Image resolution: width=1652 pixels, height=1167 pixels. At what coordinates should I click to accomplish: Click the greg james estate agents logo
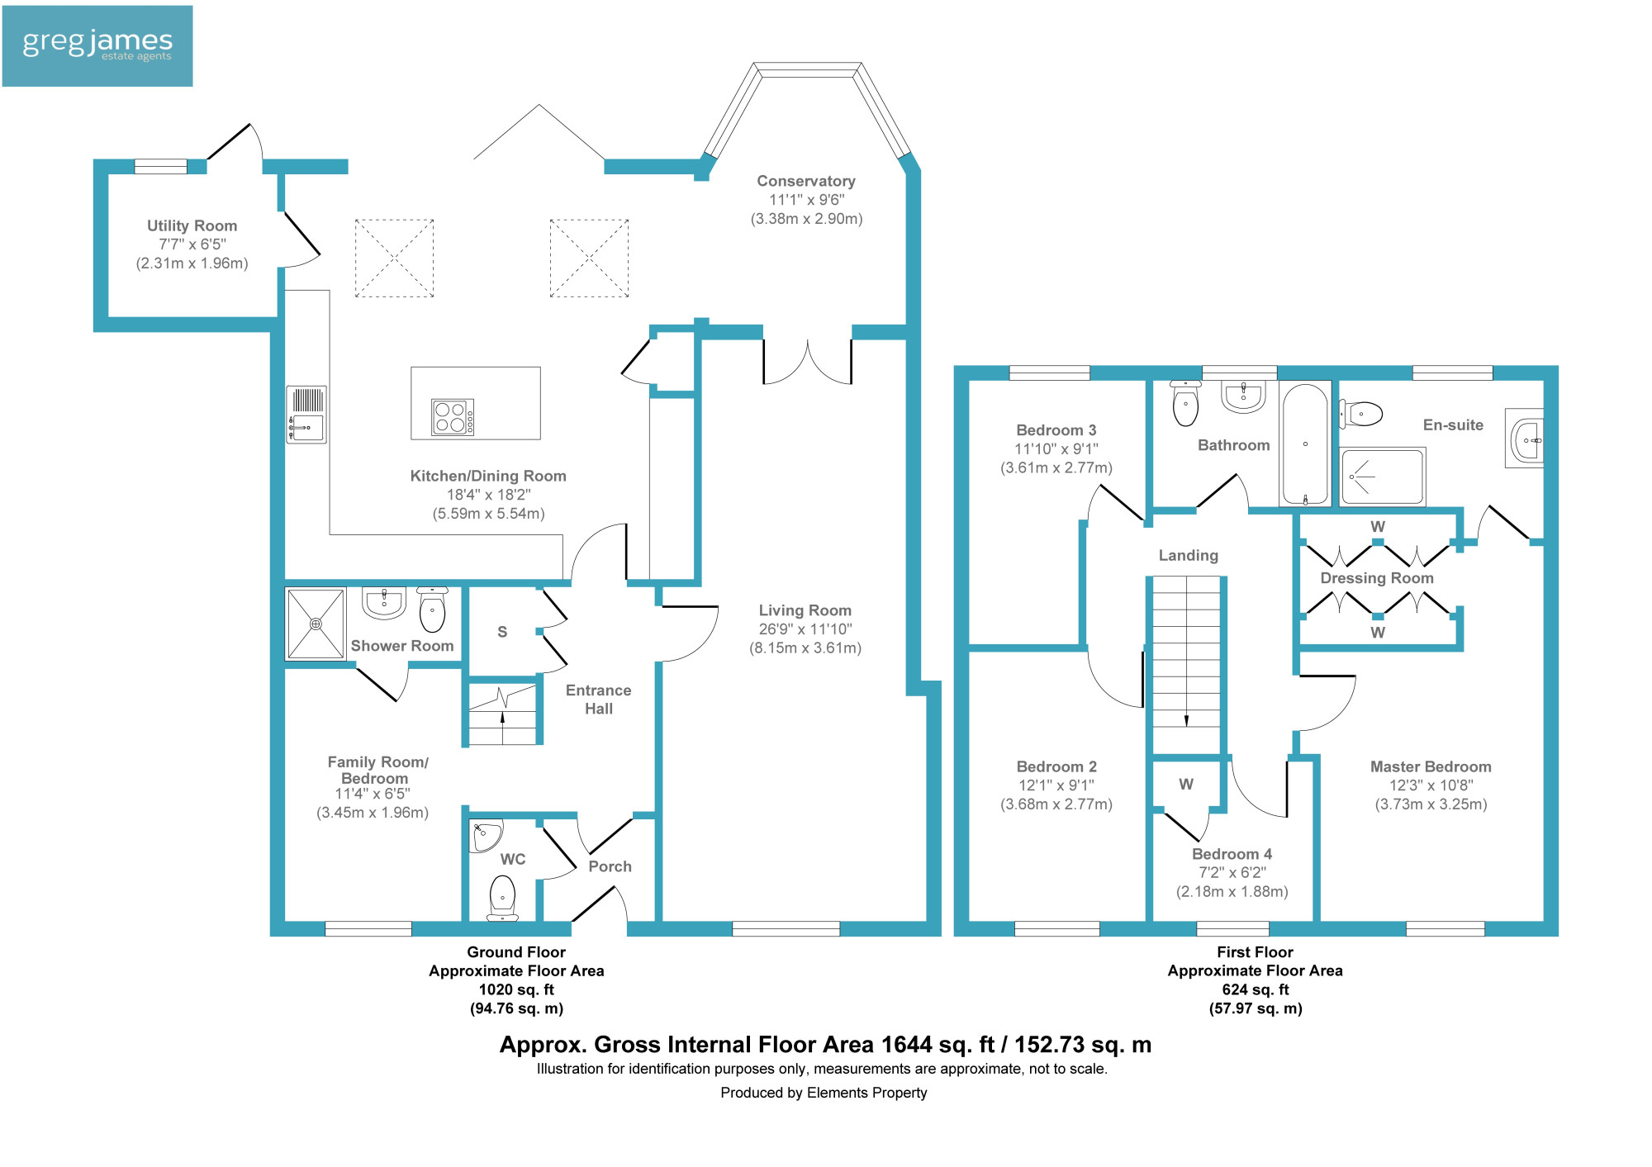point(97,46)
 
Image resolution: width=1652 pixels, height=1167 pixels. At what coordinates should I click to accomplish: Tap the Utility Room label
point(192,225)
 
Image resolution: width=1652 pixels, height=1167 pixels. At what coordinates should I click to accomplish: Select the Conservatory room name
point(806,181)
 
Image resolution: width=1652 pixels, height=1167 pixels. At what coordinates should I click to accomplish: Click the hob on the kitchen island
point(453,417)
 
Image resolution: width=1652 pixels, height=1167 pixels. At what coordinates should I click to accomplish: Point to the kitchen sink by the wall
point(306,415)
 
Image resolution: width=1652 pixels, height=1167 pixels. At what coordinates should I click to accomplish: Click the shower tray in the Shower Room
point(315,624)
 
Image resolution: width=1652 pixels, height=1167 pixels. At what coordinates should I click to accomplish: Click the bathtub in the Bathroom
point(1305,444)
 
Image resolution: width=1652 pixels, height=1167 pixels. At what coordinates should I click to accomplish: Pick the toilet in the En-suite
point(1360,413)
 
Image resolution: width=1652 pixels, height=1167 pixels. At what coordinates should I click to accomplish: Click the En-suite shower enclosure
point(1383,477)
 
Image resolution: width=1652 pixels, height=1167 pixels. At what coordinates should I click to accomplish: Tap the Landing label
point(1188,556)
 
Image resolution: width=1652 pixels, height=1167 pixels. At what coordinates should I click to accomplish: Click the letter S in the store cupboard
point(502,632)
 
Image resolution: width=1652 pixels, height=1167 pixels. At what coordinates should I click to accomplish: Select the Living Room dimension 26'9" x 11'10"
point(805,629)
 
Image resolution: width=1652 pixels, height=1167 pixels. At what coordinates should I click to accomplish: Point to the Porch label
point(610,866)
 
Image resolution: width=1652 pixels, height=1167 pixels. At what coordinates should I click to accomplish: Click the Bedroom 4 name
point(1232,854)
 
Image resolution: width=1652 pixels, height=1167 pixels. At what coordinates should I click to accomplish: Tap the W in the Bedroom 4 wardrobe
point(1186,784)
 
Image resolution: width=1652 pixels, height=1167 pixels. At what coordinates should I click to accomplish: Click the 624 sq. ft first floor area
point(1255,989)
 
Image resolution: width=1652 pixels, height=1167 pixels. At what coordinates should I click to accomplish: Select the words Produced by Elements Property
point(824,1093)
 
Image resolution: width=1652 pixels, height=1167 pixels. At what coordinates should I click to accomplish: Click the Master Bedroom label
point(1431,766)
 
